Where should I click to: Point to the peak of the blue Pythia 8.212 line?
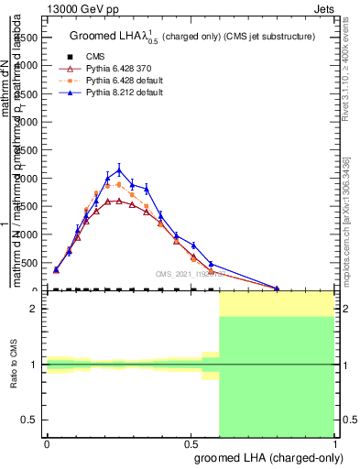tap(119, 169)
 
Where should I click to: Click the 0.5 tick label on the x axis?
tap(191, 442)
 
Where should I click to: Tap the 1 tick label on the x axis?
tap(334, 442)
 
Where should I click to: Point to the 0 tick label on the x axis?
tap(47, 442)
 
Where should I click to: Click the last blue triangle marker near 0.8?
tap(278, 288)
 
